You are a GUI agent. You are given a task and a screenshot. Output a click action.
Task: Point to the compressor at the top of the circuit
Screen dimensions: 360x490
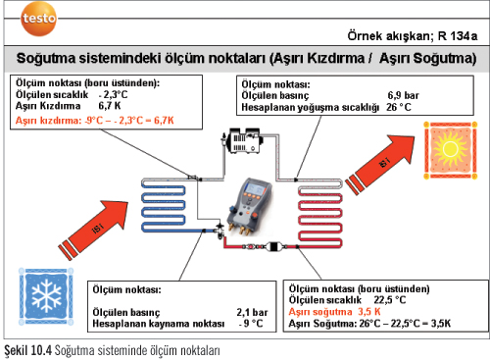click(x=241, y=141)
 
